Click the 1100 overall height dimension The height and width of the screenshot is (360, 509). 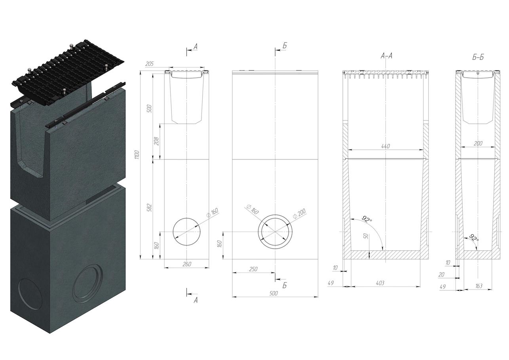[x=137, y=155]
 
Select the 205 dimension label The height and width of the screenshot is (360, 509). [x=150, y=64]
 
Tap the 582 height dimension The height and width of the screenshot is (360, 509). [x=149, y=208]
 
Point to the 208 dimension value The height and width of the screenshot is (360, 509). [x=157, y=141]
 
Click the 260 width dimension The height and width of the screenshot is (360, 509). [x=187, y=264]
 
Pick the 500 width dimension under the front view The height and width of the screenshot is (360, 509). [x=273, y=293]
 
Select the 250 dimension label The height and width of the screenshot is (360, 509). [x=253, y=269]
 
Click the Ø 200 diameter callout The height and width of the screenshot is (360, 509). [x=300, y=214]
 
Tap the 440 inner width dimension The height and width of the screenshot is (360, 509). [x=386, y=146]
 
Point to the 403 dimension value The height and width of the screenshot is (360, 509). [x=380, y=283]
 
